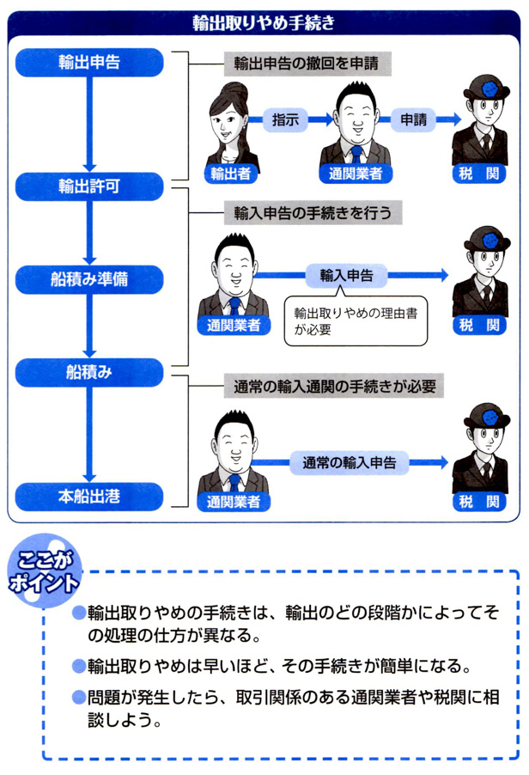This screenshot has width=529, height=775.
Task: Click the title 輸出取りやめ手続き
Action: pos(264,23)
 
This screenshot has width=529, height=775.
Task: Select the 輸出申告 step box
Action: pos(89,63)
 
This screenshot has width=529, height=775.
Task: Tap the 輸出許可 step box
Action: pos(89,186)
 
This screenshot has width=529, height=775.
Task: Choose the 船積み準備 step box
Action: pos(89,279)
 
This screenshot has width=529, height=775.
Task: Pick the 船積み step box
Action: pos(89,371)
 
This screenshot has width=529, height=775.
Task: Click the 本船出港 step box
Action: pos(89,496)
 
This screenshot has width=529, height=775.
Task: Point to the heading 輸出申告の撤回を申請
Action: pos(300,64)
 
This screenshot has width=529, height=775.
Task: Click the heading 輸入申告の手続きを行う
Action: pos(300,211)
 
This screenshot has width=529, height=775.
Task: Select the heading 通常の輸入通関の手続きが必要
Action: pos(330,387)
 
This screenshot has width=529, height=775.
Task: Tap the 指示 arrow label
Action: pos(284,120)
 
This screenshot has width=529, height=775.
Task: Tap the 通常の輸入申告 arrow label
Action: pos(349,461)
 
